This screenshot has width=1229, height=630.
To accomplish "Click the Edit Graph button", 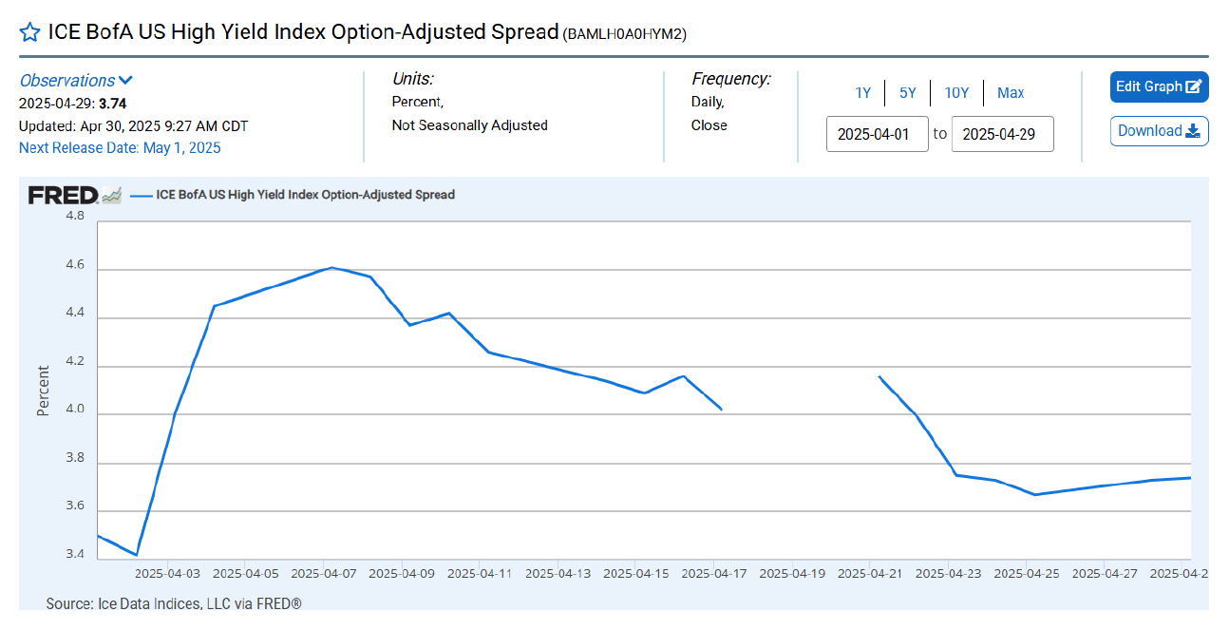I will tap(1159, 86).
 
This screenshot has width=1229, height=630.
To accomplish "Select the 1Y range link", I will tap(862, 93).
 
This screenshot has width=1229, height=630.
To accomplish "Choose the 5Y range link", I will tap(908, 93).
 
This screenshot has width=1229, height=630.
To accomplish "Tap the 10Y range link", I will tap(956, 93).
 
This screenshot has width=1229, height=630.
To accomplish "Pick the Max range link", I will tap(1011, 93).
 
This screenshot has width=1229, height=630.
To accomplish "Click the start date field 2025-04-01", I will tap(877, 134).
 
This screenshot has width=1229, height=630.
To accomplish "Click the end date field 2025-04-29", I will tap(1002, 134).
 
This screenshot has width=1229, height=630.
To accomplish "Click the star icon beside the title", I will tap(29, 32).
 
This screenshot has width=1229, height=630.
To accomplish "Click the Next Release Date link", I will tap(120, 147).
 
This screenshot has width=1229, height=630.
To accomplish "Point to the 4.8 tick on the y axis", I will tap(73, 217).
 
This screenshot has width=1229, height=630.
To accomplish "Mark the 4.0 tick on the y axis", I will tap(73, 410).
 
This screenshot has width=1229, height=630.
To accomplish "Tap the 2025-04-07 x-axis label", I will tap(324, 574).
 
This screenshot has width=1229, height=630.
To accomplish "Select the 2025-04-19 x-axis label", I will tap(790, 574).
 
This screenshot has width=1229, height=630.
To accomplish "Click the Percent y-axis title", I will tap(43, 391).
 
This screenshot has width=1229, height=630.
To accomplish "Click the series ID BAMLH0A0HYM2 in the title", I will tap(625, 34).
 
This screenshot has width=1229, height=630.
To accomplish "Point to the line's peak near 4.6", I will tap(331, 267).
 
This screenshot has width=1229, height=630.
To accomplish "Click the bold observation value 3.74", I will tap(112, 104).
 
